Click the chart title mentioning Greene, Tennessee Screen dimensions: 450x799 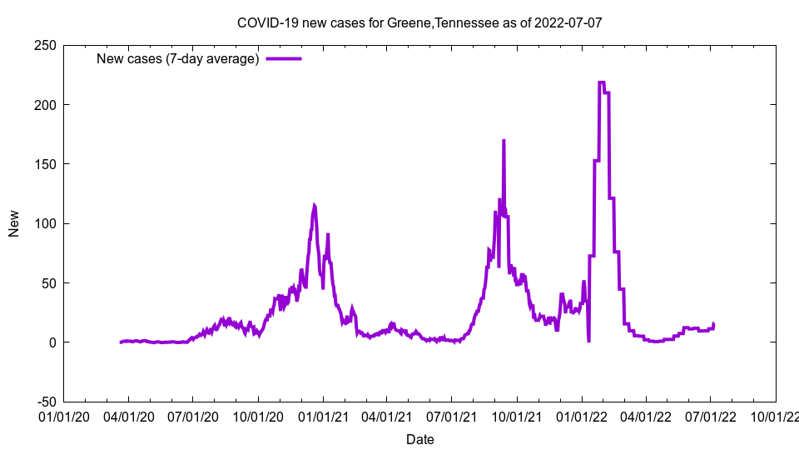[419, 22]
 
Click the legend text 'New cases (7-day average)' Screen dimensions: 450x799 [178, 58]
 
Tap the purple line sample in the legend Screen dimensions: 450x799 [283, 58]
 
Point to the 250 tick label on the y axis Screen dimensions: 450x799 [45, 45]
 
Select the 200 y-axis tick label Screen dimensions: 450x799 [45, 104]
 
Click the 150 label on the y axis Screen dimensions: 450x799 [45, 164]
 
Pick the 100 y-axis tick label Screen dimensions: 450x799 [45, 223]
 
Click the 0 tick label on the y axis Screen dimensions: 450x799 [52, 342]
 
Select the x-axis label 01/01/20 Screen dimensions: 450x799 [63, 414]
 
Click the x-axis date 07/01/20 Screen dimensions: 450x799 [192, 414]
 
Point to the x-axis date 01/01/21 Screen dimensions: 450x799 [322, 414]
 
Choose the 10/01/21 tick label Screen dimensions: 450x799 [516, 414]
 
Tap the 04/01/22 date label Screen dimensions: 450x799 [645, 414]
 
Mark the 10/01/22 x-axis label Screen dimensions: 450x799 [775, 414]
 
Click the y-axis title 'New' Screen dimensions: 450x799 [14, 223]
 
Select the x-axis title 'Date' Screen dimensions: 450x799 [419, 439]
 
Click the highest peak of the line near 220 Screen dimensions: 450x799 [601, 82]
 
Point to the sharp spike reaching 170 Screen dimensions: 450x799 [504, 141]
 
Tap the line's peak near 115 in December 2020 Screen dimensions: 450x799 [314, 206]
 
